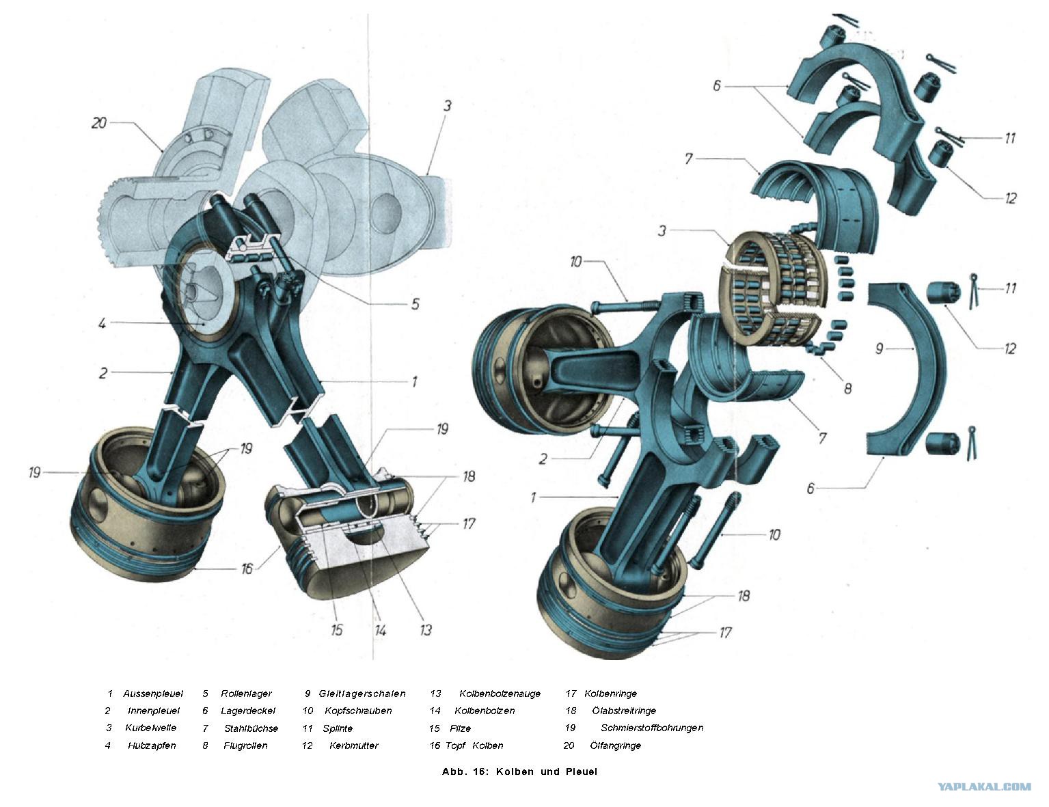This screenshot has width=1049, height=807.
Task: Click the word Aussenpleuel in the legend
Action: tap(153, 694)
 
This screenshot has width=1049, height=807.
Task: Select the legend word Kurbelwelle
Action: tap(150, 727)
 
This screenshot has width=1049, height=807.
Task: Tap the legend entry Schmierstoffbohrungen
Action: tap(652, 727)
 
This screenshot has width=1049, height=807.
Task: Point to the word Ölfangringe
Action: tap(615, 746)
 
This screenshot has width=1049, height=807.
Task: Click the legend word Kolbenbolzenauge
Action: tap(500, 694)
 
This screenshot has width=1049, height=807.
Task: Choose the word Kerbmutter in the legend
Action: tap(354, 746)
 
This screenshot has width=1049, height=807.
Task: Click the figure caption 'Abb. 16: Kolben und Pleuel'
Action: tap(519, 771)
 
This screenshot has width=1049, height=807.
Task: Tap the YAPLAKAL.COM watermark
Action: tap(984, 787)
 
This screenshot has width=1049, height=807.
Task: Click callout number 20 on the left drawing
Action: tap(99, 123)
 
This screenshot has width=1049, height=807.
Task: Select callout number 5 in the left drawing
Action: tap(415, 304)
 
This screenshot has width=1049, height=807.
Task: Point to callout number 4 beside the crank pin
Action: tap(102, 323)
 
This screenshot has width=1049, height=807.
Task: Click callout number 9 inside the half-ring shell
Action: tap(879, 348)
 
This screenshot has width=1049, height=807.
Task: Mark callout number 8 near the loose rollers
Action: tap(847, 388)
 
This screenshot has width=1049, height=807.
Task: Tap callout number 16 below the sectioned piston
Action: tap(247, 569)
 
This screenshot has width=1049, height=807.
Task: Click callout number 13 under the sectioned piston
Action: tap(425, 629)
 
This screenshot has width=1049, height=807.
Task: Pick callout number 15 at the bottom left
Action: tap(336, 629)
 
